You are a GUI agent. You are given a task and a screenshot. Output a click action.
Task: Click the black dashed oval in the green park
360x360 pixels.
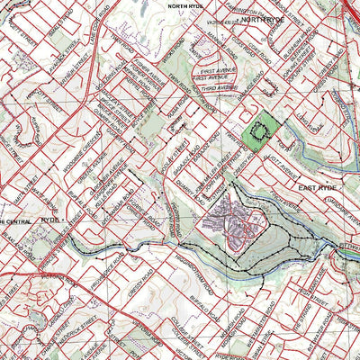260,133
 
